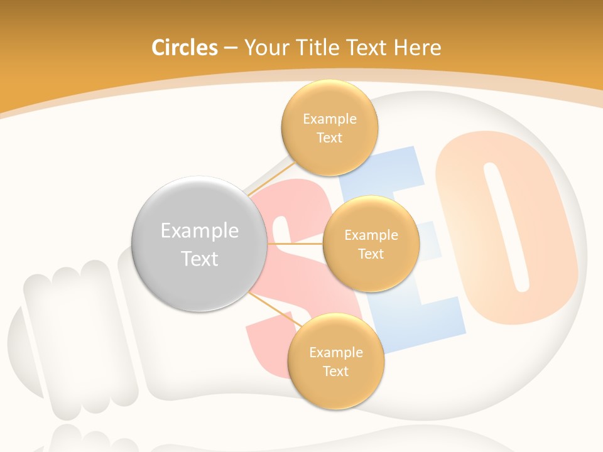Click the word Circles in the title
[x=185, y=48]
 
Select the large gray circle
[x=199, y=244]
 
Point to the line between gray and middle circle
[x=295, y=243]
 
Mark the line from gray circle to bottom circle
[x=273, y=309]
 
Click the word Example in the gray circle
[x=199, y=231]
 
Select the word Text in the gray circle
[x=199, y=259]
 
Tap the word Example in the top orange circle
[x=329, y=119]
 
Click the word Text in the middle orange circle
[x=371, y=254]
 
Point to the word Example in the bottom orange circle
[x=335, y=353]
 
